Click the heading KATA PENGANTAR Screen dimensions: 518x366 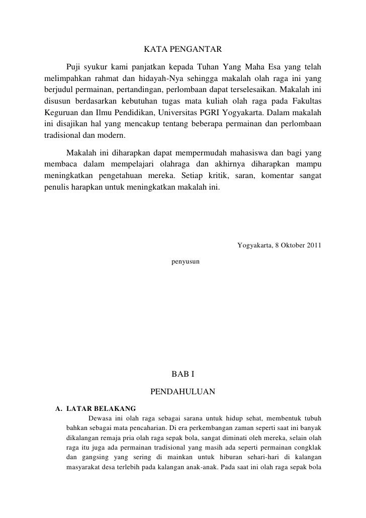[182, 50]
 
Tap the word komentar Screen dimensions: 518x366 [279, 176]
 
